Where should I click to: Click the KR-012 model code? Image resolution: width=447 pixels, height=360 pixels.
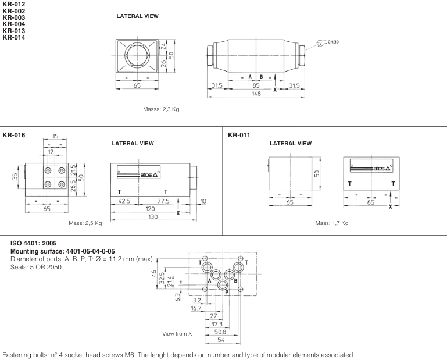point(14,4)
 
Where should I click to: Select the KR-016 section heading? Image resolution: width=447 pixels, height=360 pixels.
point(14,135)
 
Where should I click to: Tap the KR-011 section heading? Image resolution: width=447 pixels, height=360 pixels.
point(239,135)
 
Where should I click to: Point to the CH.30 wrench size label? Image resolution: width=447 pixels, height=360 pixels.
point(334,42)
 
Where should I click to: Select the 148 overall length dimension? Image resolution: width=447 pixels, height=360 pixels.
point(256,94)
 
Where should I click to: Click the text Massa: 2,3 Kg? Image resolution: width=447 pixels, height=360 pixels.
point(161,109)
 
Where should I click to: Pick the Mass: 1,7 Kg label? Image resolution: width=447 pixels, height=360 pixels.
point(332,223)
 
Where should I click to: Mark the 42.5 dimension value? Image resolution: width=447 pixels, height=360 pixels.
point(124,201)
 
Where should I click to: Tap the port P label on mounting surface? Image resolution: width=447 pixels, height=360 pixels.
point(227,293)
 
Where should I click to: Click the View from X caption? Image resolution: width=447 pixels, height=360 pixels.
point(177,333)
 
